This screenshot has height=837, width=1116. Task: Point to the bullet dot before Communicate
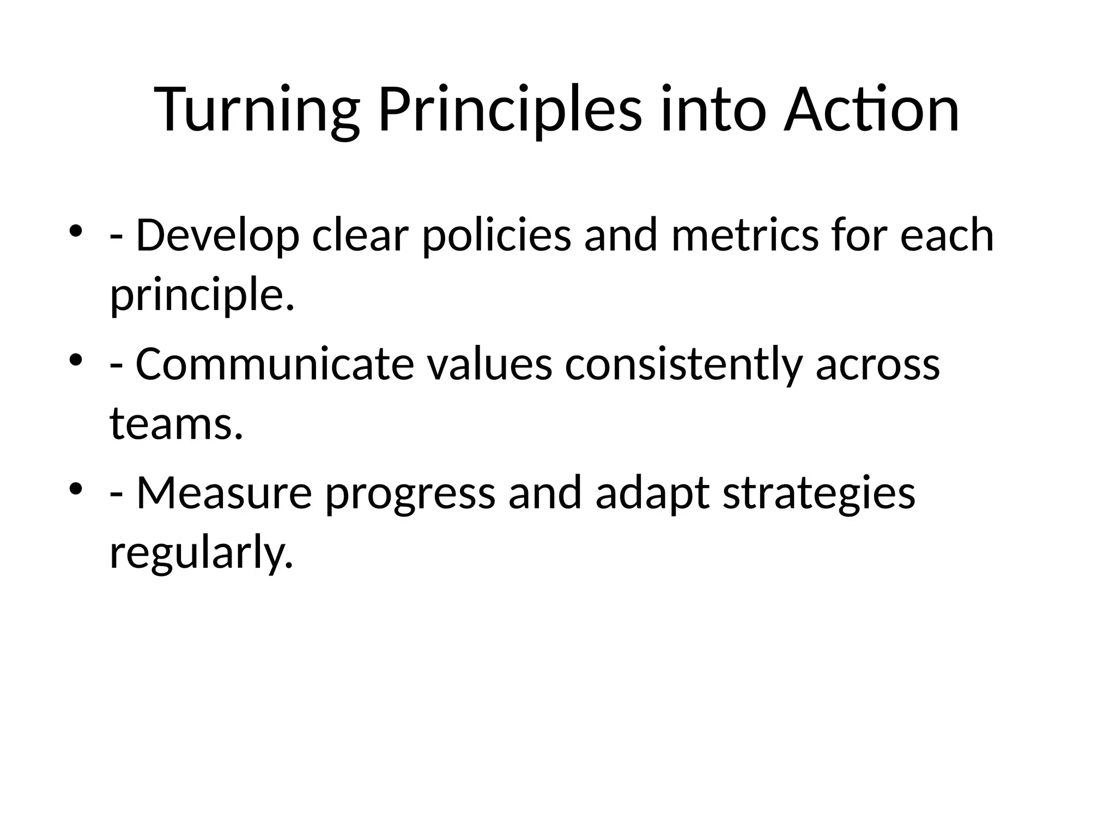(x=76, y=359)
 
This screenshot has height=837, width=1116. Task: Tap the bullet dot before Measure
(x=76, y=487)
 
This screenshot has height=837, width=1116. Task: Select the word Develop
(x=217, y=236)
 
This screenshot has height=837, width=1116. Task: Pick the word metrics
(x=744, y=236)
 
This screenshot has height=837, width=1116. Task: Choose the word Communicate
(x=275, y=365)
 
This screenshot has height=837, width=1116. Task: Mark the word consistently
(x=683, y=365)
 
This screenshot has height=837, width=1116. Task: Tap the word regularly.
(x=201, y=553)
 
